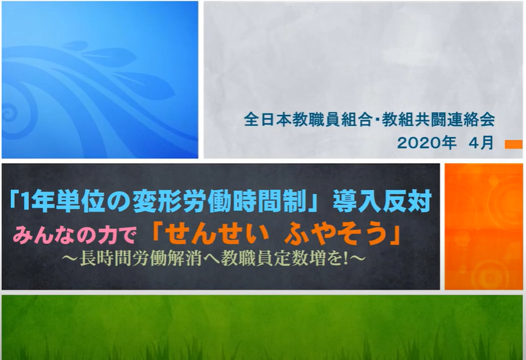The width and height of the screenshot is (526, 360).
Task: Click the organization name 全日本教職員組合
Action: point(307,119)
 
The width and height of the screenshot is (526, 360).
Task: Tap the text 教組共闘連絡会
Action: point(438,119)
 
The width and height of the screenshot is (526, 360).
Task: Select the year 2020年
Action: point(427,143)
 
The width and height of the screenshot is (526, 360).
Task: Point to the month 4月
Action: point(481,143)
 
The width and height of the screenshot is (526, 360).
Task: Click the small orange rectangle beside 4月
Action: point(514,144)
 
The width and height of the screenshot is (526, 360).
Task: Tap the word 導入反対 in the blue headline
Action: point(381,202)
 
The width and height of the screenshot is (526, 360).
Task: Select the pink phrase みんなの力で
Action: point(74,235)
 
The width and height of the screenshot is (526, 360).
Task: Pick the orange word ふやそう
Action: point(336,233)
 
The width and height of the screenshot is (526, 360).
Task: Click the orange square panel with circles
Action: point(483,226)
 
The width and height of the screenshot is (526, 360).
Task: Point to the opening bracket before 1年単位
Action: point(14,200)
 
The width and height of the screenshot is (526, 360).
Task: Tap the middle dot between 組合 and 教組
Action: point(376,119)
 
